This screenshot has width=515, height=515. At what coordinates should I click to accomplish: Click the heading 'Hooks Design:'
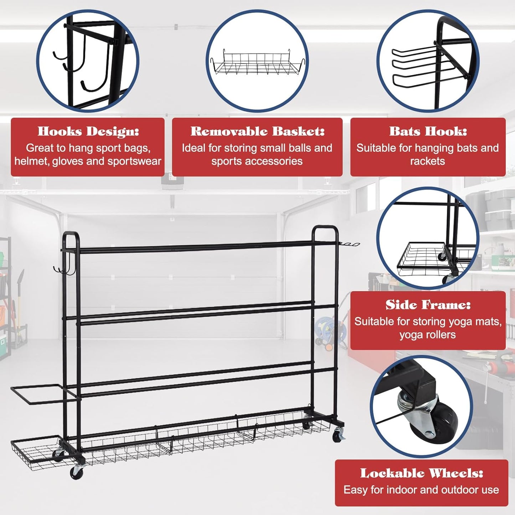(88, 132)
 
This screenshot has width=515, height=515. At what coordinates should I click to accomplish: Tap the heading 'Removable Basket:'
(257, 132)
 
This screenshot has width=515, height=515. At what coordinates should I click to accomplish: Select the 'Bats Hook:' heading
(428, 132)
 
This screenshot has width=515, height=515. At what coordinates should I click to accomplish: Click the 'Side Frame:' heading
(428, 305)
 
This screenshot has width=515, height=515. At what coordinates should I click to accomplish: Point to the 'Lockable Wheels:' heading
(421, 473)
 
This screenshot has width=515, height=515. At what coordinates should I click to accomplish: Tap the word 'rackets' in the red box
(427, 161)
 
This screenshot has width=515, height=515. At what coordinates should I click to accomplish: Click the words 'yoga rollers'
(427, 335)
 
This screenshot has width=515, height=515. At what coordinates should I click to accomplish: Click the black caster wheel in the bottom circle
(442, 421)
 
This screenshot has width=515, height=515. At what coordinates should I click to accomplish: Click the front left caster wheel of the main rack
(76, 472)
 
